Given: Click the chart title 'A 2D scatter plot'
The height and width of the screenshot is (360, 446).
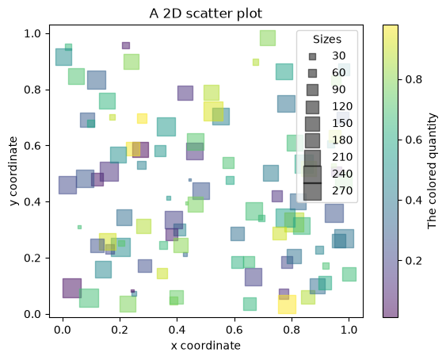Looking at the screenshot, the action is [206, 13].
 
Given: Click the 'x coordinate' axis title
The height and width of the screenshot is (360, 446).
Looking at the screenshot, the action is [206, 346].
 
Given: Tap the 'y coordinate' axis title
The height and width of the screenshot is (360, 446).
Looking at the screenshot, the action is [13, 171].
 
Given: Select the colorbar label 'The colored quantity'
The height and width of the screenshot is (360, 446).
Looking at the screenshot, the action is [432, 171].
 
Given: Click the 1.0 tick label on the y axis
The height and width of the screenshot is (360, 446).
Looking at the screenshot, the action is [32, 33].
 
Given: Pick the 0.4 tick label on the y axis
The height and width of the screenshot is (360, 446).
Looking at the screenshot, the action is [32, 202].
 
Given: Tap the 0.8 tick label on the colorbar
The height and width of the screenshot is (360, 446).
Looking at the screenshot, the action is [414, 79].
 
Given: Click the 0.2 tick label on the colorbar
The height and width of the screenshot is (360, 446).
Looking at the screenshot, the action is [414, 261].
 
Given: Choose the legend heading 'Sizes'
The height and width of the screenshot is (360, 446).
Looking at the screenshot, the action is [327, 40].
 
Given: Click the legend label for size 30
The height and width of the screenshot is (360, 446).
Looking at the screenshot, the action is [339, 56].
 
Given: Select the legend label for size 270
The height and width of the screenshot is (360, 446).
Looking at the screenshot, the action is [342, 190].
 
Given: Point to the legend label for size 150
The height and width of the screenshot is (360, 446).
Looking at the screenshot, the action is [342, 124].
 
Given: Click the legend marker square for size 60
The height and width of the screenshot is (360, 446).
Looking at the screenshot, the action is [312, 74].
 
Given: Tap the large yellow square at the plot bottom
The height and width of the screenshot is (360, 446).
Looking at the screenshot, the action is [287, 304].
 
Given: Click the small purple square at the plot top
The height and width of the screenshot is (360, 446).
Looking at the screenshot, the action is [126, 45].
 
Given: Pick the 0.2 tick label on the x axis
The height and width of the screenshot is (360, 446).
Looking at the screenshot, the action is [120, 330].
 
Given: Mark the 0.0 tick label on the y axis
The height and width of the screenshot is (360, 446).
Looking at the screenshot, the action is [32, 314].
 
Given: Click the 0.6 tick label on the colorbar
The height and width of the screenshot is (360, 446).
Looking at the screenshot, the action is [414, 140].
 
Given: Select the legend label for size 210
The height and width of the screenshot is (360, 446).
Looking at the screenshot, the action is [342, 157].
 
